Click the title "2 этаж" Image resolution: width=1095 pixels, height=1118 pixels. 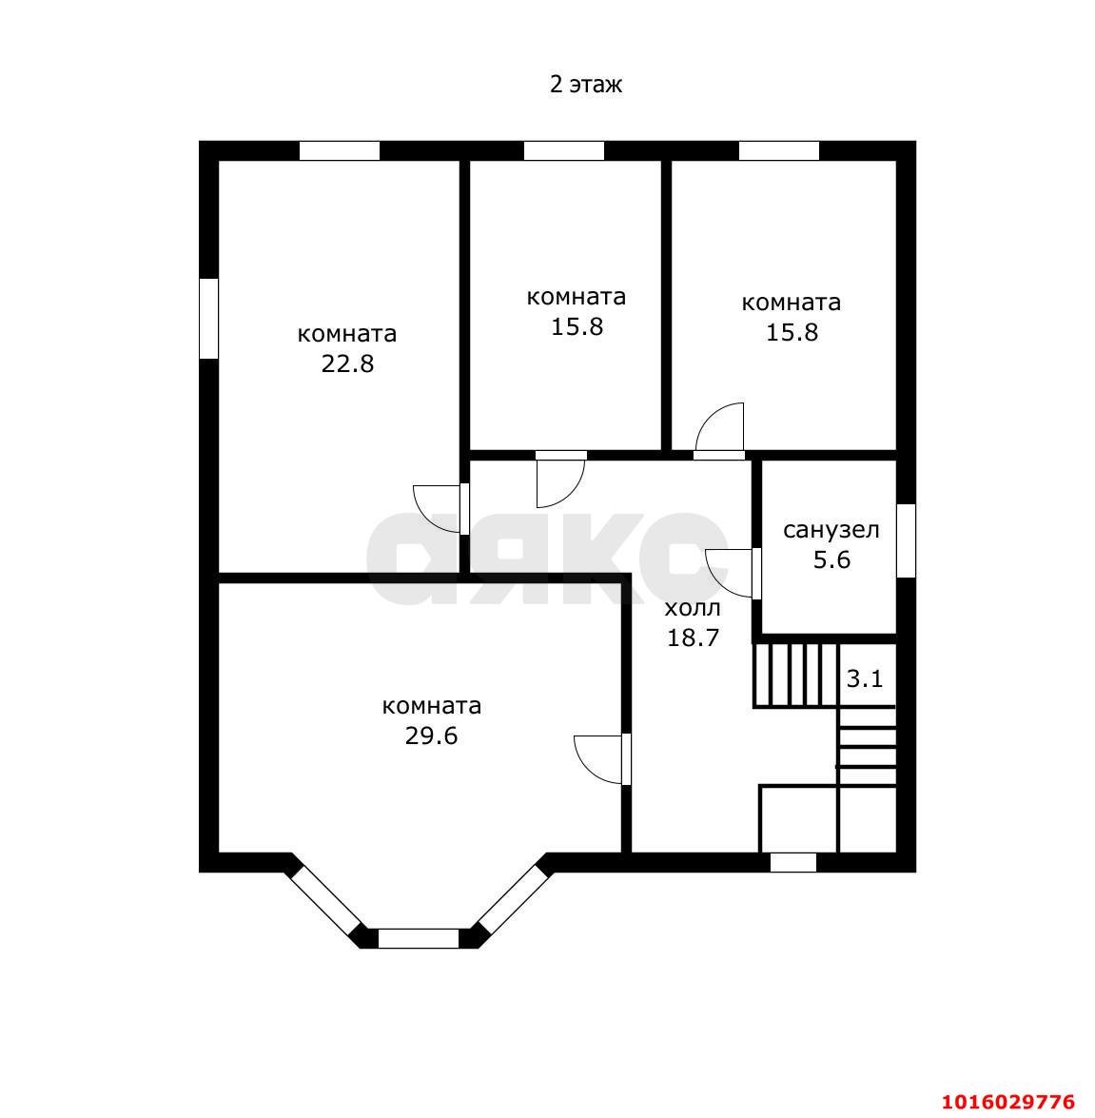tap(585, 84)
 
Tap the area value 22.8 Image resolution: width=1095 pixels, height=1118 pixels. tap(347, 364)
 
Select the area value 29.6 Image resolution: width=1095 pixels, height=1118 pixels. tap(431, 736)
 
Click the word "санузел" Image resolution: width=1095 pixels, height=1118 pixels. tap(831, 531)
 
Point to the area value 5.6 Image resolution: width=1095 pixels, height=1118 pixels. tap(831, 560)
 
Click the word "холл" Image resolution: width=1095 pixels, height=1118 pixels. tap(693, 608)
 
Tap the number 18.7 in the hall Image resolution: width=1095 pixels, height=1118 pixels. tap(693, 638)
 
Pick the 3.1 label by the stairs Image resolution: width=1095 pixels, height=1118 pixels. tap(865, 678)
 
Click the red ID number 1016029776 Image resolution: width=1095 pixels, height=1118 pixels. tap(1008, 1103)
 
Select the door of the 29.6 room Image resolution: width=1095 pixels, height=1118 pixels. tap(602, 759)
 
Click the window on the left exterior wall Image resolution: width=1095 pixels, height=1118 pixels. tap(208, 319)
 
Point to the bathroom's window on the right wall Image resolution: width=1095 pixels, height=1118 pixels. tap(906, 541)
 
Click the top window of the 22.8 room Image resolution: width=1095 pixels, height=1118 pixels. tap(340, 151)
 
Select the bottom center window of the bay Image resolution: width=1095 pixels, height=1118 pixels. tap(419, 938)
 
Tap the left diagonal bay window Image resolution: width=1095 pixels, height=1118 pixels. tap(326, 899)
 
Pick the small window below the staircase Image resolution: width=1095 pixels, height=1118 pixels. tap(793, 863)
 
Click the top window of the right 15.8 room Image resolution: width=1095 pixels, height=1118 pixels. tap(779, 151)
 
